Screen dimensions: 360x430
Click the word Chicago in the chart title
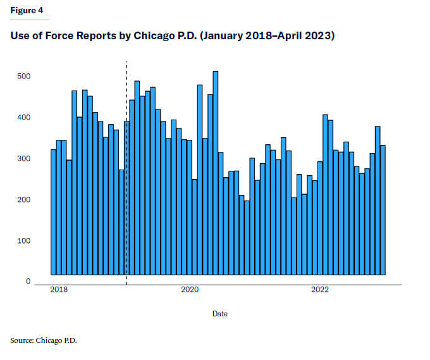point(156,36)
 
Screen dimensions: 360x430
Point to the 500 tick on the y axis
point(23,77)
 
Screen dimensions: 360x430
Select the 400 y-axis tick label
point(23,118)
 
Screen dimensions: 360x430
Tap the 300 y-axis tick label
point(23,159)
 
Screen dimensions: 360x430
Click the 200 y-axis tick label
point(23,200)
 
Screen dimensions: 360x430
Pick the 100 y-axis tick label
point(23,241)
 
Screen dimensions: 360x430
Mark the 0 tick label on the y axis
point(28,282)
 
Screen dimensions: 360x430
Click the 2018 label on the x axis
point(59,290)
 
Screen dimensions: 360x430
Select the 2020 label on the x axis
point(190,290)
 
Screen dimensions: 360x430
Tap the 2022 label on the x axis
point(320,290)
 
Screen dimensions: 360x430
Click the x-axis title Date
point(220,314)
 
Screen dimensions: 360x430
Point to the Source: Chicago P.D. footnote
point(43,341)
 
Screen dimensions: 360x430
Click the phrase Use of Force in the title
point(42,36)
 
